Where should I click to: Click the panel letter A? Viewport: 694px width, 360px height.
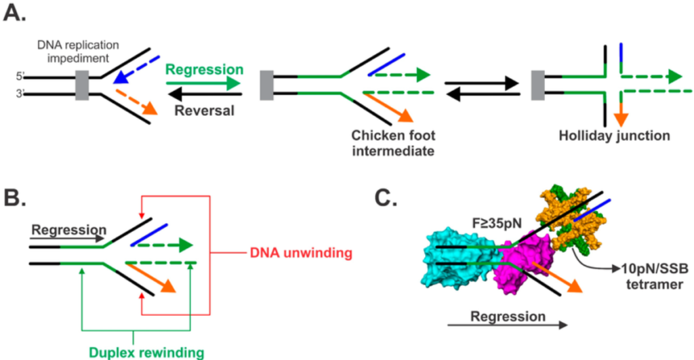click(15, 14)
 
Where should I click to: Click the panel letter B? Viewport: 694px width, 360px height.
click(16, 199)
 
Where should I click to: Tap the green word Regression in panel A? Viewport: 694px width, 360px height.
click(204, 70)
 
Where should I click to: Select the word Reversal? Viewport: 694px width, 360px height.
click(203, 108)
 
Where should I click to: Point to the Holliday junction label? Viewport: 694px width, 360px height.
click(614, 136)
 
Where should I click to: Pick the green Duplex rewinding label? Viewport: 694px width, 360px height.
click(145, 351)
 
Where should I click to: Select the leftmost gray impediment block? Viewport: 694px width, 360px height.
click(81, 85)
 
